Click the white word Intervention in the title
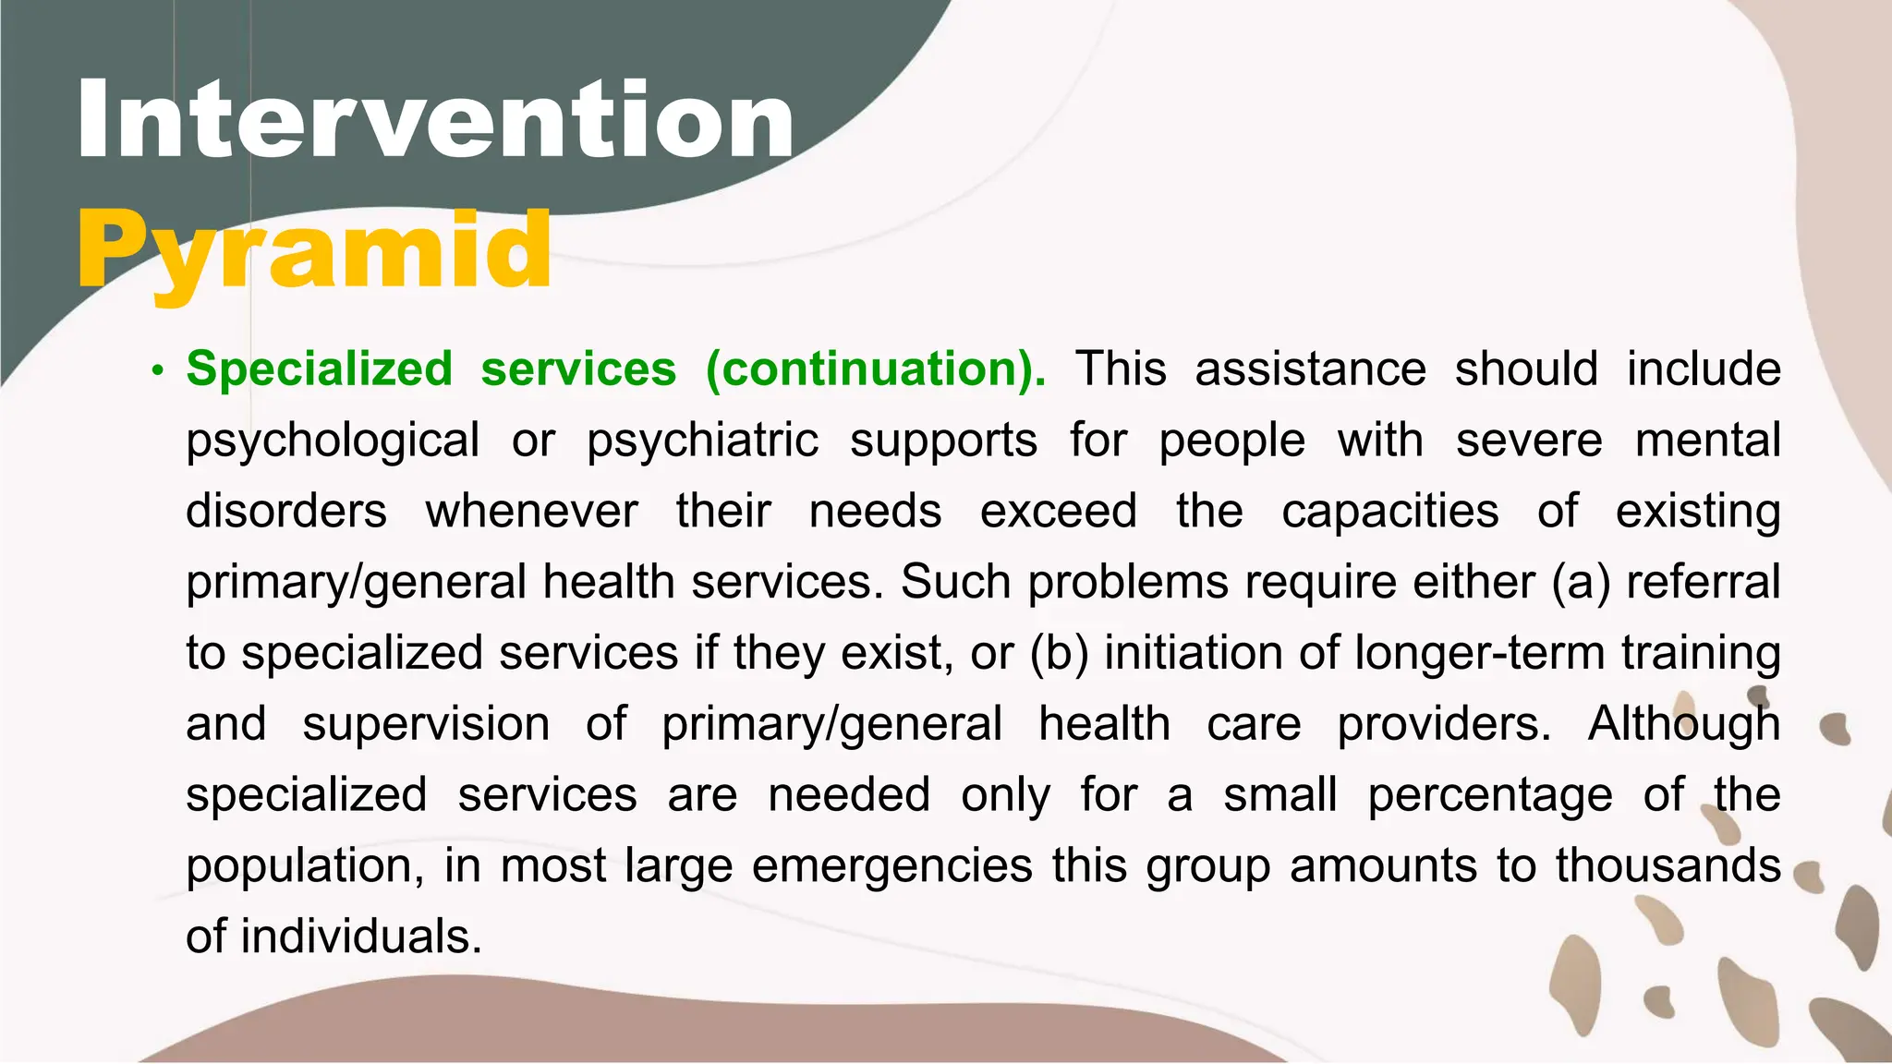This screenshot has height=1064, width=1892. pyautogui.click(x=434, y=120)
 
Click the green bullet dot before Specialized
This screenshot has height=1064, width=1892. pyautogui.click(x=158, y=372)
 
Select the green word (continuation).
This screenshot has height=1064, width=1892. pyautogui.click(x=876, y=369)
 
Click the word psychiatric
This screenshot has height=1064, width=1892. pyautogui.click(x=702, y=440)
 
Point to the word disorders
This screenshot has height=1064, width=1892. pyautogui.click(x=286, y=511)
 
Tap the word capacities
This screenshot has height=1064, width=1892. pyautogui.click(x=1389, y=511)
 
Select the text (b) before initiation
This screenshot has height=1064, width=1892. pyautogui.click(x=1060, y=653)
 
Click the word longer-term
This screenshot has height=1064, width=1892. pyautogui.click(x=1479, y=653)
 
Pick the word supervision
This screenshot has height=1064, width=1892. pyautogui.click(x=426, y=723)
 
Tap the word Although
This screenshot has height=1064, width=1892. pyautogui.click(x=1683, y=723)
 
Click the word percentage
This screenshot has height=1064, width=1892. pyautogui.click(x=1490, y=795)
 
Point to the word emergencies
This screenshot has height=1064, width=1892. pyautogui.click(x=891, y=866)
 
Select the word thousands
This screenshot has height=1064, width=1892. pyautogui.click(x=1668, y=865)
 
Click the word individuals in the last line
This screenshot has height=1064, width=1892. pyautogui.click(x=361, y=937)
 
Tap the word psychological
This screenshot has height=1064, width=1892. pyautogui.click(x=333, y=440)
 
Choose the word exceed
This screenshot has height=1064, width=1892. pyautogui.click(x=1058, y=511)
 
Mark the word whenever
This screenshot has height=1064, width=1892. pyautogui.click(x=531, y=511)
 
